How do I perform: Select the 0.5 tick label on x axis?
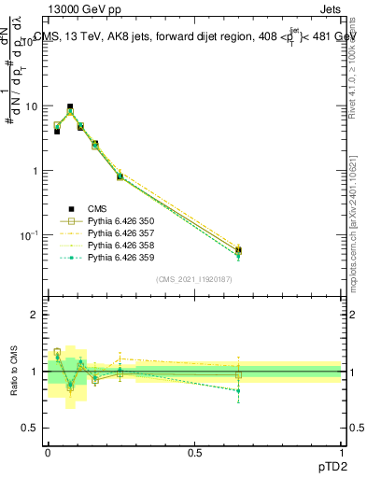pos(194,451)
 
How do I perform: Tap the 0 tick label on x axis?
pos(48,451)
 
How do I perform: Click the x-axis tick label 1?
pos(341,451)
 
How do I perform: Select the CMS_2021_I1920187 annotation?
pos(194,279)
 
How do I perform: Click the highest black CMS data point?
pos(69,107)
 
